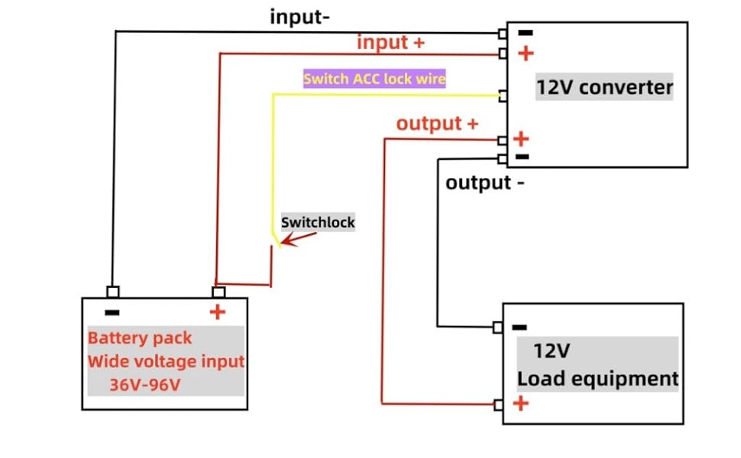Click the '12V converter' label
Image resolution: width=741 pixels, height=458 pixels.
(603, 88)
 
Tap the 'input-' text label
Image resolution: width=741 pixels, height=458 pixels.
(299, 17)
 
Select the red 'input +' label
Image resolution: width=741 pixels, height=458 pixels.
(390, 43)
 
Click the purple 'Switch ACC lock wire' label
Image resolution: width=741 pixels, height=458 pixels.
(374, 79)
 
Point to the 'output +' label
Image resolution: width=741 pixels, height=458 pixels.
(437, 124)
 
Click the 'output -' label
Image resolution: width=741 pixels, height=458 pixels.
(484, 183)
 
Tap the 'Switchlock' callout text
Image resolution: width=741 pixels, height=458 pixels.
(318, 223)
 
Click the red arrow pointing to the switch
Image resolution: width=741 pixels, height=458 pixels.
(298, 237)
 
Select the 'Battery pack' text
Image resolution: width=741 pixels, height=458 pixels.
(140, 337)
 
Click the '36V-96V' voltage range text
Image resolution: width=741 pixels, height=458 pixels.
(144, 385)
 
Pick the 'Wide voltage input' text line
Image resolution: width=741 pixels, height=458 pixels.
(166, 361)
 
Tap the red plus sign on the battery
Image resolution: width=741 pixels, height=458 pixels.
(218, 312)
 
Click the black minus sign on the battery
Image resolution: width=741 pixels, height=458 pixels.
(112, 312)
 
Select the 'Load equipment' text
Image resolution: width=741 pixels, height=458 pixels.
(597, 379)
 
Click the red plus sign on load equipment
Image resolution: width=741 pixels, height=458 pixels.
(520, 403)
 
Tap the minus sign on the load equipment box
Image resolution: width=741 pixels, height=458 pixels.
(519, 327)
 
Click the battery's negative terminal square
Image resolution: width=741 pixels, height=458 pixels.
(112, 292)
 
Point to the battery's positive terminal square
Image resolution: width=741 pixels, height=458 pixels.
(218, 292)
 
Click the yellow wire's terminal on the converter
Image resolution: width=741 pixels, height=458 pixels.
(503, 96)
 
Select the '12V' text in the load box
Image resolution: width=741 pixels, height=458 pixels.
(552, 352)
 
